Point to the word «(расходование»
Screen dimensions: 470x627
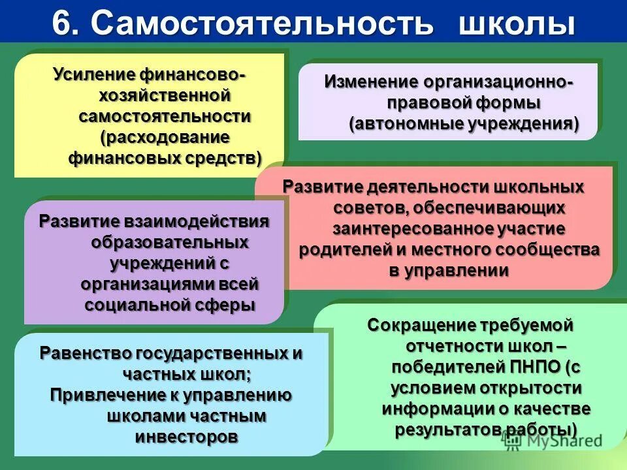click(165, 137)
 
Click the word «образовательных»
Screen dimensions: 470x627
click(169, 242)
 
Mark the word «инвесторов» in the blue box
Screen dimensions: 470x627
click(186, 437)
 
